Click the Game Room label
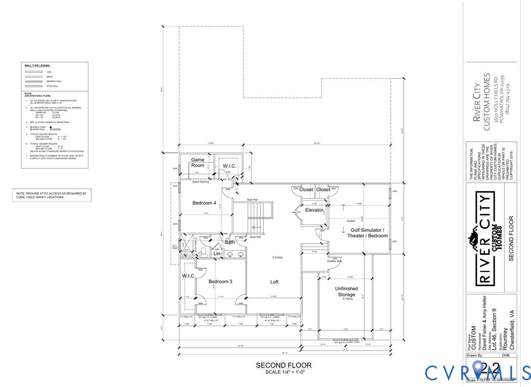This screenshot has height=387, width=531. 197,163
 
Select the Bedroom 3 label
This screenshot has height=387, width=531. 220,282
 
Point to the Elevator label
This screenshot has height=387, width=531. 314,210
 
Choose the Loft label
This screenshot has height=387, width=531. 274,282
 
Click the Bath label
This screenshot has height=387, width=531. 230,242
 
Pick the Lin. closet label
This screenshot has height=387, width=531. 217,253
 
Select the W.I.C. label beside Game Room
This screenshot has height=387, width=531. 228,166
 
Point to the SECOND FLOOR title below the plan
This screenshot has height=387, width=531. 283,365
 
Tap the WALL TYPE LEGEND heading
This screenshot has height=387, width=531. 38,66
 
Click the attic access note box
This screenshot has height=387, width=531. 51,195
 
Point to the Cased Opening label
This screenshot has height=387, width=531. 200,182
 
